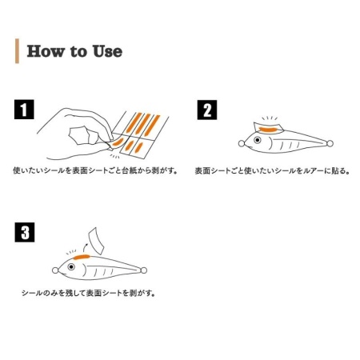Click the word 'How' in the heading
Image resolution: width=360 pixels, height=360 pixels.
pos(46,51)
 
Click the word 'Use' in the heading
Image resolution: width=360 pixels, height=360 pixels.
pos(107,51)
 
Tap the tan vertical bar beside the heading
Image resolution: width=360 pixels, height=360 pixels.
pos(17,51)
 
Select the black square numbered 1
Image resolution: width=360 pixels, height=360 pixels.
pos(24,110)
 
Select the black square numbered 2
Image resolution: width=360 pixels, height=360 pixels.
pos(207,110)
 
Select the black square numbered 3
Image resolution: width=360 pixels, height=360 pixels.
pos(25,232)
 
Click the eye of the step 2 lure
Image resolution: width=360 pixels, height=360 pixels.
pos(258,140)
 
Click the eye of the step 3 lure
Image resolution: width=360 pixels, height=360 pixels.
pos(71,266)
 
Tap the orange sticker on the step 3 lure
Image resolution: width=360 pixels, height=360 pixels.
pos(82,257)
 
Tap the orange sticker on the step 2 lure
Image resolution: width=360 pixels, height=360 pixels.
pos(269,130)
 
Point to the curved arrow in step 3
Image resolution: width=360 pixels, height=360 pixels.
pos(85,246)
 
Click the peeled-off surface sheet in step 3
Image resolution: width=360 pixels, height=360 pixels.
pos(96,241)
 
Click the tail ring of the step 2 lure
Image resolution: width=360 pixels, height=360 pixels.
pos(330,143)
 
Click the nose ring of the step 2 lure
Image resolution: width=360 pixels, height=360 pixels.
pos(242,143)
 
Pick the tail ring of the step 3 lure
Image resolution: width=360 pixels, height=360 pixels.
pos(143,270)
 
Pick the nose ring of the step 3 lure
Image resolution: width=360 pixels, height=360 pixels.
pos(55,270)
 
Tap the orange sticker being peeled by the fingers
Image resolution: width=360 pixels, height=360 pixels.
pos(118,142)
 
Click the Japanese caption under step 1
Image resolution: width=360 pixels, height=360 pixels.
pos(95,170)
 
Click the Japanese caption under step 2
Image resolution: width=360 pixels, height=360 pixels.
pos(272,170)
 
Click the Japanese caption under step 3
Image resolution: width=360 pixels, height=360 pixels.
pos(89,293)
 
